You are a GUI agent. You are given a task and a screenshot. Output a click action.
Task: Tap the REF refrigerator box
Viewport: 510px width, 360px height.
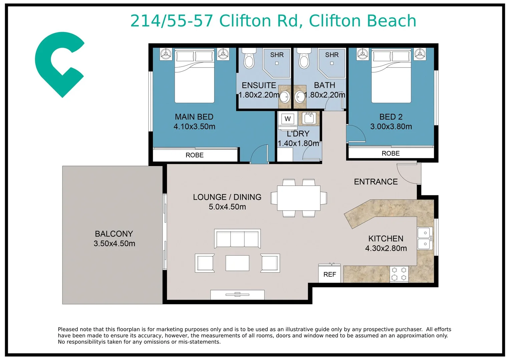tap(330, 274)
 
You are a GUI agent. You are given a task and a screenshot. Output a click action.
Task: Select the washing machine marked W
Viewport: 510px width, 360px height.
tap(288, 119)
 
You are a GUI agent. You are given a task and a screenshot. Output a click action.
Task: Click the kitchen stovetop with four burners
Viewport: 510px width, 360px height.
tap(399, 274)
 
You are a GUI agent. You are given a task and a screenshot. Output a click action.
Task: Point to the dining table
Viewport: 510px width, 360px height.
tap(299, 198)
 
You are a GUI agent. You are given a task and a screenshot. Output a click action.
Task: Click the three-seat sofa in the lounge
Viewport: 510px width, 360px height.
tap(237, 238)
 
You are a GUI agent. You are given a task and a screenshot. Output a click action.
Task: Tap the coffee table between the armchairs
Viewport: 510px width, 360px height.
tap(237, 263)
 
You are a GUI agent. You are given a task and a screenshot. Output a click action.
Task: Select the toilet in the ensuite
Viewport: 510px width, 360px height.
tap(249, 58)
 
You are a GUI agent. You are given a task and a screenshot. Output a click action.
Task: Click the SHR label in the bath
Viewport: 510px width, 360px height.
tap(332, 55)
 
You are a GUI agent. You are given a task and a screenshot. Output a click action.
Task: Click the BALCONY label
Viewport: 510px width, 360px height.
tap(114, 234)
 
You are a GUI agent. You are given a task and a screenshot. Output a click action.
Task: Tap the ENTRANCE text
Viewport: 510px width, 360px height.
tap(376, 182)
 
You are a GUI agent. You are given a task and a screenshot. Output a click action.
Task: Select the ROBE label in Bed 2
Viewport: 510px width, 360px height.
tap(391, 153)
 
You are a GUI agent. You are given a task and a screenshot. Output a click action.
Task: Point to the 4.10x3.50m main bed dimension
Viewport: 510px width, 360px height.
tap(194, 126)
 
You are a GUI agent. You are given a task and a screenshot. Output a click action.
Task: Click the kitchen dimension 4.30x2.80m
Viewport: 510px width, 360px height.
tap(386, 248)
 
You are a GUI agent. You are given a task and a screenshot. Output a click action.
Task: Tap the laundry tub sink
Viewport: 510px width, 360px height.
tap(309, 118)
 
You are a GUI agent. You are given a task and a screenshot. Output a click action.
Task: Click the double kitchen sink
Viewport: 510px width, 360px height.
tap(425, 238)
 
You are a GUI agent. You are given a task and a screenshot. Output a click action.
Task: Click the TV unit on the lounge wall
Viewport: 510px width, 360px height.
tap(237, 295)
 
